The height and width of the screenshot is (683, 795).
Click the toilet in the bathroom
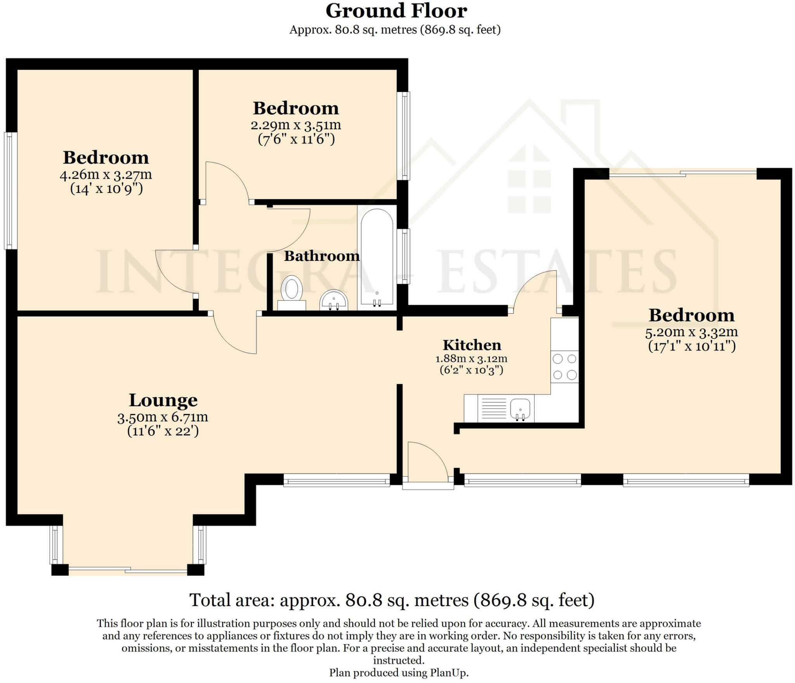click(292, 292)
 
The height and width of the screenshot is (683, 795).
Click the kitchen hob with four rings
click(564, 367)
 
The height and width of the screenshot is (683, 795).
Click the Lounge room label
click(163, 400)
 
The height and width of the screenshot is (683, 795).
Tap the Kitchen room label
click(472, 345)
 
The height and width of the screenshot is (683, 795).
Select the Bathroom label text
click(322, 256)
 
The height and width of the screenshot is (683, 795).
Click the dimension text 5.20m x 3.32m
click(691, 332)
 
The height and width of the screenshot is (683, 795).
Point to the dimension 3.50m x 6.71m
click(163, 417)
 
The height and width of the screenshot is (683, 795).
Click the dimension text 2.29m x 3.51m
click(296, 125)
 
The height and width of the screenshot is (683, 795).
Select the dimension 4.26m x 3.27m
click(106, 175)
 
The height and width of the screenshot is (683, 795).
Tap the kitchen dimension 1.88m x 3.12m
click(471, 358)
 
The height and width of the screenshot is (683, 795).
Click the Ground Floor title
click(396, 11)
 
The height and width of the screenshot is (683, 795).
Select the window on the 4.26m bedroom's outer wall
click(11, 190)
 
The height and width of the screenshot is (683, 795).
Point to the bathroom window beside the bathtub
click(405, 256)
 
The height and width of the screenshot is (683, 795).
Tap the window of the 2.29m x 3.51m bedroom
click(405, 136)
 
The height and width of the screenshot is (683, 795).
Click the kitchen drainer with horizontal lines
click(493, 408)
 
